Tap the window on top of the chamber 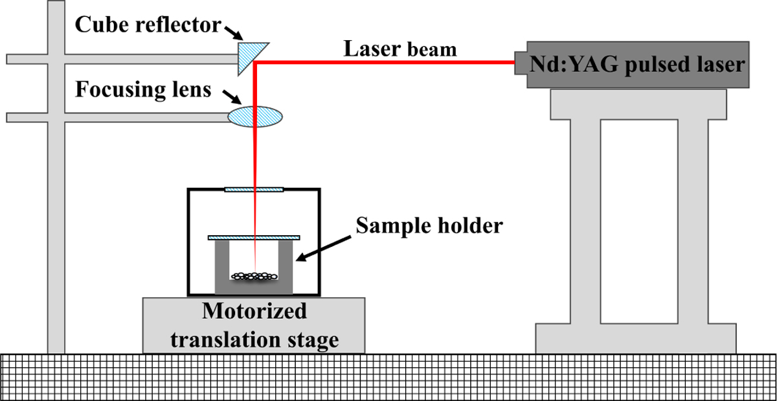point(255,190)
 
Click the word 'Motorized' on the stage point(254,312)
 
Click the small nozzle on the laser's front point(521,63)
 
